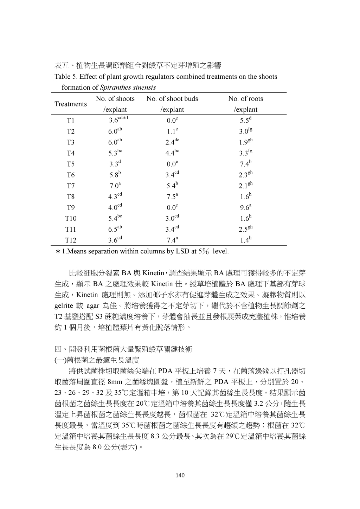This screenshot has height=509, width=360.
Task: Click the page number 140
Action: point(180,475)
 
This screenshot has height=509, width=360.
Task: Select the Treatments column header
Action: point(71,104)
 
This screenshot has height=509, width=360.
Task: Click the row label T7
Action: point(71,186)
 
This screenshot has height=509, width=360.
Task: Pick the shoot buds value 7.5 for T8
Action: point(172,196)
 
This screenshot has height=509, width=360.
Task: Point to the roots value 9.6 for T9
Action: point(245,207)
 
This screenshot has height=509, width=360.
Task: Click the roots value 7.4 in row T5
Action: point(245,163)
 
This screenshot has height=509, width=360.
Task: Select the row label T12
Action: point(71,240)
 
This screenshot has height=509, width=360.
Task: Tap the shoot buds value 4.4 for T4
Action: point(172,153)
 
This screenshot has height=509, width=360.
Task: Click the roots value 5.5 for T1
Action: point(245,120)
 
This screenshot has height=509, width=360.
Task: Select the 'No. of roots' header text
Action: point(245,99)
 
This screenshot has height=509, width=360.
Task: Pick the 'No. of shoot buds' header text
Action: point(172,99)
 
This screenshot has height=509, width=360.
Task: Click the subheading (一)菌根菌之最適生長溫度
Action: point(97,360)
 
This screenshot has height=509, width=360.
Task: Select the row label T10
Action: point(71,218)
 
